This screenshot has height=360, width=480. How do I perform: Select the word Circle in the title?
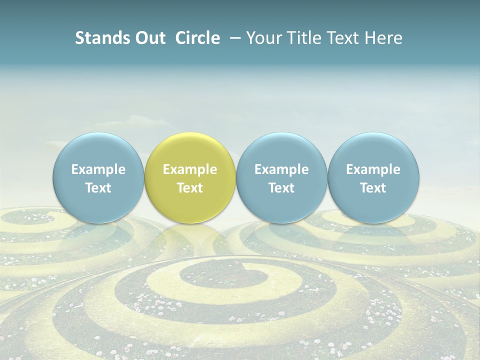(197, 38)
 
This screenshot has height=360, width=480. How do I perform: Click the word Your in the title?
(263, 38)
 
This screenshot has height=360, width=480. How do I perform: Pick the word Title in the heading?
(303, 38)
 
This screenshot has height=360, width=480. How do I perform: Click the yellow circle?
(189, 177)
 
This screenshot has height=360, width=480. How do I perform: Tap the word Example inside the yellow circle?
(190, 169)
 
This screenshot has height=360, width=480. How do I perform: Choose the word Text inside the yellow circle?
(190, 188)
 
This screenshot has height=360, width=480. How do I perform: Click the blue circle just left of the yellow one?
(98, 177)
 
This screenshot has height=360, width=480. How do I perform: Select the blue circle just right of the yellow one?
(281, 177)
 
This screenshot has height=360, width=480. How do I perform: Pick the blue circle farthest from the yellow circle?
(373, 177)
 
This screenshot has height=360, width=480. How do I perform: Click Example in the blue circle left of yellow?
(98, 169)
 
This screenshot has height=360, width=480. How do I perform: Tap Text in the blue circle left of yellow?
(98, 188)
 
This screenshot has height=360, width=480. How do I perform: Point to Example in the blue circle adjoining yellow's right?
(281, 169)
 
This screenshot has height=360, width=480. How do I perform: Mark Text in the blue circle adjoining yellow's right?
(281, 188)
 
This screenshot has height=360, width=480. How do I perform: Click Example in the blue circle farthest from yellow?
(373, 169)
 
